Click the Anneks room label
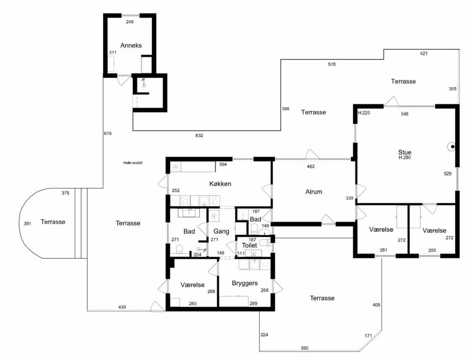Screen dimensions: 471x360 [131, 45]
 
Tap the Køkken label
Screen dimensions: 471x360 [220, 184]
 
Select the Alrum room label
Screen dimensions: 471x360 [314, 192]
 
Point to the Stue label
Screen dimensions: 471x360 [405, 152]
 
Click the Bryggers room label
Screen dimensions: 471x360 [244, 283]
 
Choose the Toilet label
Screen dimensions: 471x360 [249, 246]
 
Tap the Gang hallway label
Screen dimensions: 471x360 [221, 231]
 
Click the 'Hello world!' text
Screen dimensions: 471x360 [133, 163]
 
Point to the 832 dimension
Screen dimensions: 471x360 [199, 136]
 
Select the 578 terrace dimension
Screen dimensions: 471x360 [332, 64]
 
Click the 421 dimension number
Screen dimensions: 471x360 [423, 54]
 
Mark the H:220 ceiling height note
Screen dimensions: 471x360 [364, 113]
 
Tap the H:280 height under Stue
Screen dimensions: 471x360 [405, 157]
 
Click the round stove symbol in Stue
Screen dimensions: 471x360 [452, 147]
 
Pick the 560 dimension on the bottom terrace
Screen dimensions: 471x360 [305, 348]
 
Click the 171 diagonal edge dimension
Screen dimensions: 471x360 [368, 335]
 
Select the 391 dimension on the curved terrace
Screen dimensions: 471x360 [27, 223]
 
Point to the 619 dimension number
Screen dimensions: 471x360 [107, 133]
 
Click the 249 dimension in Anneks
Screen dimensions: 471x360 [130, 22]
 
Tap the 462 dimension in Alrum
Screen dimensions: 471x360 [311, 166]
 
